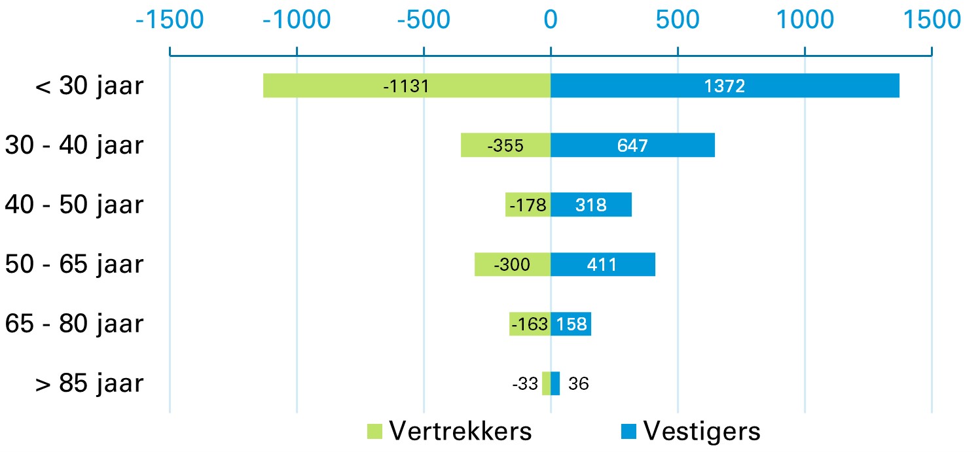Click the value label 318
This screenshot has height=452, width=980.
(x=590, y=205)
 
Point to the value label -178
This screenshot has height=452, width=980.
(x=528, y=205)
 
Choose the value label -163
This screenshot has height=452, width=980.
(x=530, y=324)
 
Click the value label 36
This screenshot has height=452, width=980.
(x=578, y=384)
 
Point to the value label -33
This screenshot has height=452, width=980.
(x=526, y=384)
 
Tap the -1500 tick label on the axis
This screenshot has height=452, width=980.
(x=170, y=20)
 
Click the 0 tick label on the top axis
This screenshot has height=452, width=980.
(x=551, y=20)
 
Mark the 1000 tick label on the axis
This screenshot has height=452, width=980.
(x=805, y=20)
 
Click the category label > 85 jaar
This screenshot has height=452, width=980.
(x=89, y=383)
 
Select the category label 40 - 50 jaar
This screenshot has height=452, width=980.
(x=73, y=205)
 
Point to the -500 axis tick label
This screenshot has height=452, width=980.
(x=424, y=20)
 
